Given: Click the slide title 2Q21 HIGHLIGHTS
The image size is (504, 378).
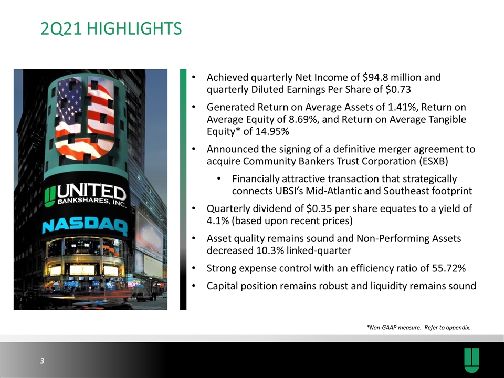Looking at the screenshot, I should pos(111,28).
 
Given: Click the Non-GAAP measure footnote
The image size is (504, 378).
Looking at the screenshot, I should pos(419,328).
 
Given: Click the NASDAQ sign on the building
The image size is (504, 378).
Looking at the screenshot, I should pos(85,226).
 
